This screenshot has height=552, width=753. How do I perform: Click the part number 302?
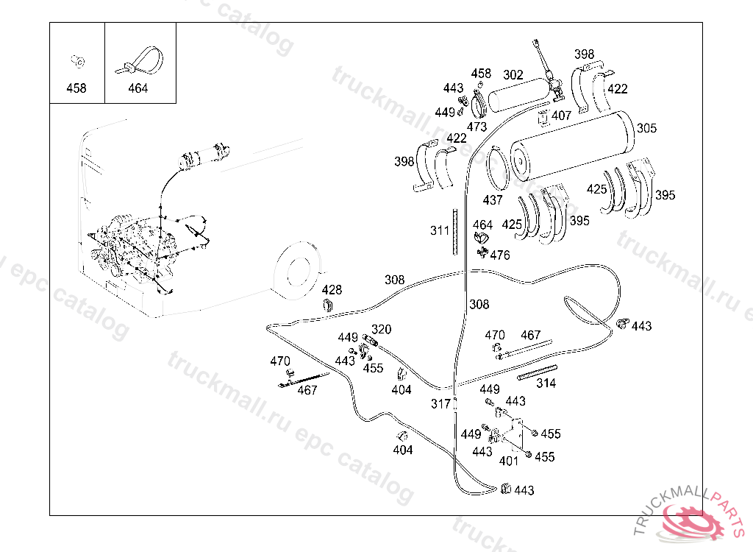(x=513, y=74)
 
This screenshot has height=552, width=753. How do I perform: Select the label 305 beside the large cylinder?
(x=646, y=128)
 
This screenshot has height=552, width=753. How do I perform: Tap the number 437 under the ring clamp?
(x=493, y=199)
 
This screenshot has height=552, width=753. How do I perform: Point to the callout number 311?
(x=440, y=230)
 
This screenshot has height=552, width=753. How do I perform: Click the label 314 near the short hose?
(x=546, y=383)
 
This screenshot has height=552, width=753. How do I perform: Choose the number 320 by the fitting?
(x=382, y=330)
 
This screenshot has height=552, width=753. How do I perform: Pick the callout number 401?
(x=509, y=461)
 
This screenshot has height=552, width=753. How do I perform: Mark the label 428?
(x=332, y=290)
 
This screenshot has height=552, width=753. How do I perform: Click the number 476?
(x=500, y=255)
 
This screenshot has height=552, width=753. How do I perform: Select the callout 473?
(x=477, y=127)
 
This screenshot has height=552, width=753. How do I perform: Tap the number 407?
(x=561, y=116)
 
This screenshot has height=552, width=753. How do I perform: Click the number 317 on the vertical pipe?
(x=441, y=404)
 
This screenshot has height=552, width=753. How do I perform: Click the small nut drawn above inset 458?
(x=77, y=61)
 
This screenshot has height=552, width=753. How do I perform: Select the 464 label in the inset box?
(x=138, y=88)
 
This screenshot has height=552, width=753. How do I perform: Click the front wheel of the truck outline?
(x=297, y=271)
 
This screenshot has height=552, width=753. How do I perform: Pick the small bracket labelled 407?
(x=543, y=118)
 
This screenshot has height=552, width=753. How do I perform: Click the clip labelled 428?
(x=329, y=305)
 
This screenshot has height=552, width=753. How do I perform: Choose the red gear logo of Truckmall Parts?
(x=693, y=522)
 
